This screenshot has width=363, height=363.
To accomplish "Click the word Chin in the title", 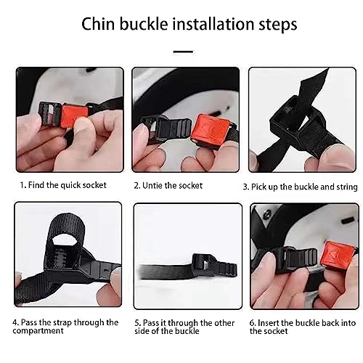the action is tap(98, 24).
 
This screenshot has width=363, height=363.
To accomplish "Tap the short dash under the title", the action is tap(183, 52).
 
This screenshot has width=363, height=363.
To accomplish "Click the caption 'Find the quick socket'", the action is tap(63, 185).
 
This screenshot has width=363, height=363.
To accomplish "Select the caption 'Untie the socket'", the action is tap(168, 186).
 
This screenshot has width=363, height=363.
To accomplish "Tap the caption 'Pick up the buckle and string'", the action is tap(301, 187).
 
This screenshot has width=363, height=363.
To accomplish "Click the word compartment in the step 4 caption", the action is tap(38, 331).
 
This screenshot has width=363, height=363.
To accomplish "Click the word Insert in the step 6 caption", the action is tap(268, 323).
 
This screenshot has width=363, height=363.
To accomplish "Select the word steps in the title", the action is tap(278, 25).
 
